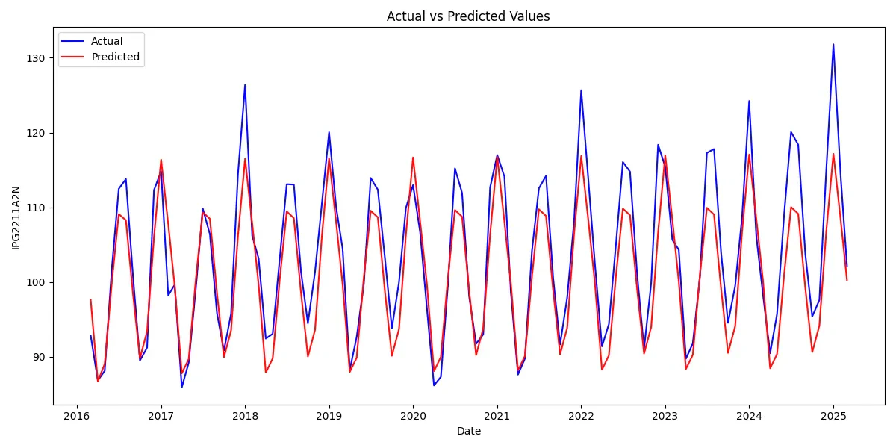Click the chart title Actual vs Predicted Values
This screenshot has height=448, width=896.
click(x=468, y=16)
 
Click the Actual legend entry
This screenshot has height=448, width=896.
click(x=107, y=42)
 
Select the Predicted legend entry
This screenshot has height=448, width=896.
click(x=115, y=57)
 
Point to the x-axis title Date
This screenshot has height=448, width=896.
click(x=468, y=432)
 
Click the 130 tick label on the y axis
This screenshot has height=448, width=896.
click(x=37, y=58)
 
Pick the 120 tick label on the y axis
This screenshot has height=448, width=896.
click(x=37, y=133)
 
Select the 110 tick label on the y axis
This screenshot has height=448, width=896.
click(x=37, y=208)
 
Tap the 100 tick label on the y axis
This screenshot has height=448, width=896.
click(x=37, y=282)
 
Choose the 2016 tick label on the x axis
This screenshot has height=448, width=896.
click(x=76, y=416)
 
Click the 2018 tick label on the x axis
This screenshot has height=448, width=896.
click(x=245, y=416)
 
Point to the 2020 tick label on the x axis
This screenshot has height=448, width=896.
click(x=413, y=416)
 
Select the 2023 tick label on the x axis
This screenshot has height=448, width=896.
click(x=665, y=416)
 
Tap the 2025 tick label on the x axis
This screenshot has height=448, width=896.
click(x=833, y=416)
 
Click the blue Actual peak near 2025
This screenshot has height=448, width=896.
click(x=833, y=45)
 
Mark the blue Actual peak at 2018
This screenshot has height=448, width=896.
click(x=245, y=85)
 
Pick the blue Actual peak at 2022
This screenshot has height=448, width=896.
click(x=581, y=90)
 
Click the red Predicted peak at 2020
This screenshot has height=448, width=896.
click(x=413, y=158)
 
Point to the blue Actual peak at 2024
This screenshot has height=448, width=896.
click(x=749, y=101)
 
